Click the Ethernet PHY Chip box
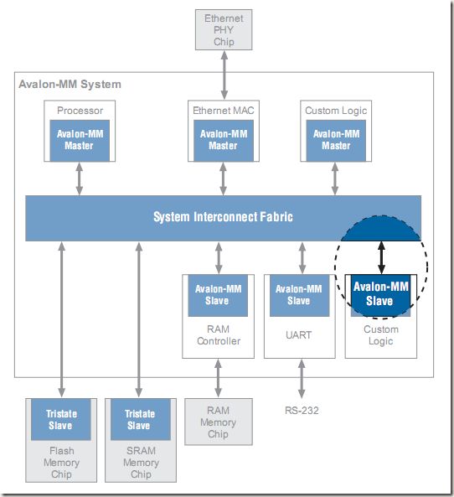tap(224, 30)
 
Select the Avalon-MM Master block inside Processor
tap(80, 141)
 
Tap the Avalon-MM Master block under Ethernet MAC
tap(224, 141)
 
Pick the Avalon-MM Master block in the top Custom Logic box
tap(336, 141)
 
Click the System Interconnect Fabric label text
tap(223, 217)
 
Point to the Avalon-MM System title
tap(70, 85)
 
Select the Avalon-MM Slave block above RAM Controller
tap(218, 295)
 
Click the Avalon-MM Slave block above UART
tap(299, 295)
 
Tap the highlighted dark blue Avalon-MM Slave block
tap(380, 295)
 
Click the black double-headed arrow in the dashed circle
tap(381, 257)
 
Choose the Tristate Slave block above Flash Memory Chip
tap(61, 419)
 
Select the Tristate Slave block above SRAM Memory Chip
tap(141, 419)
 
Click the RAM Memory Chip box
tap(219, 422)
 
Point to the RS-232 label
tap(302, 411)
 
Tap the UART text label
tap(298, 335)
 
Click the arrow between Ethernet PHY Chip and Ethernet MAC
tap(224, 75)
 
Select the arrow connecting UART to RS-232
tap(302, 379)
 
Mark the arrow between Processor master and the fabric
tap(80, 179)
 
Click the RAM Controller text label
tap(219, 335)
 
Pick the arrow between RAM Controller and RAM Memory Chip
tap(218, 378)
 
